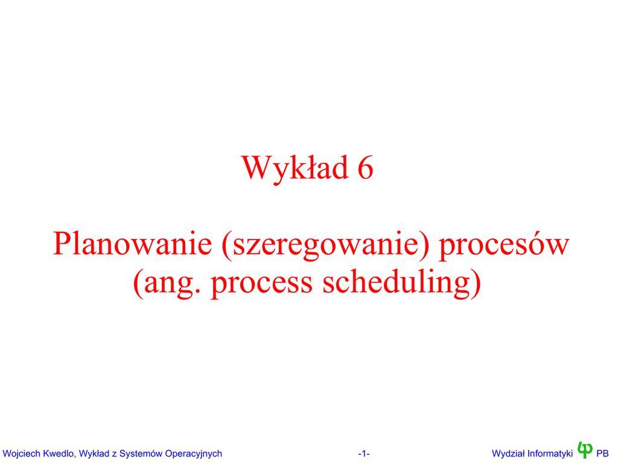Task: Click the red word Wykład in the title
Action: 295,169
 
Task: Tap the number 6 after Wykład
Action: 365,168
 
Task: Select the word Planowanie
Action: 132,244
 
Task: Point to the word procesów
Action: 505,245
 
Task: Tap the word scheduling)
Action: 402,283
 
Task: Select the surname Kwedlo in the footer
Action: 60,453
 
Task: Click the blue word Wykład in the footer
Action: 94,453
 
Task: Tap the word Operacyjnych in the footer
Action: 194,453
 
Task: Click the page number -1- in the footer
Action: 364,454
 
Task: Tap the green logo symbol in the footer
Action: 585,450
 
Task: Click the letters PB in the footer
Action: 602,453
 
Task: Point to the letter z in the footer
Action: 114,455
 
